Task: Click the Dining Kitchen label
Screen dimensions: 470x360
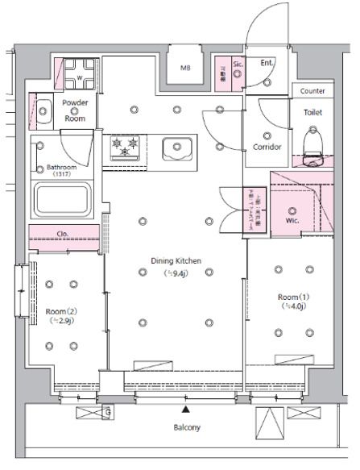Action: coord(176,260)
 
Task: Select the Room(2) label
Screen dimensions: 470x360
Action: coord(60,310)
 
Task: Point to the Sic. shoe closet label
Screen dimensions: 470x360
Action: coord(237,62)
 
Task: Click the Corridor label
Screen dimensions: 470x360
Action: coord(267,148)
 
